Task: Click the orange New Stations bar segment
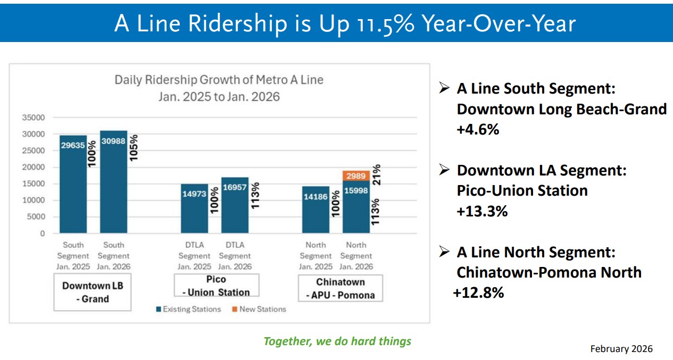coord(356,176)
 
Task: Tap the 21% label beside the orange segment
coord(376,175)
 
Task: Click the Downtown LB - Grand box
coord(93,292)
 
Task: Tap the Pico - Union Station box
coord(216,286)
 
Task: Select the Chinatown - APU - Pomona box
coord(340,288)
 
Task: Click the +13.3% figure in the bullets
coord(482,211)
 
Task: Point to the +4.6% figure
coord(478,129)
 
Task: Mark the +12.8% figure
coord(478,292)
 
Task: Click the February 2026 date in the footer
coord(621,349)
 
